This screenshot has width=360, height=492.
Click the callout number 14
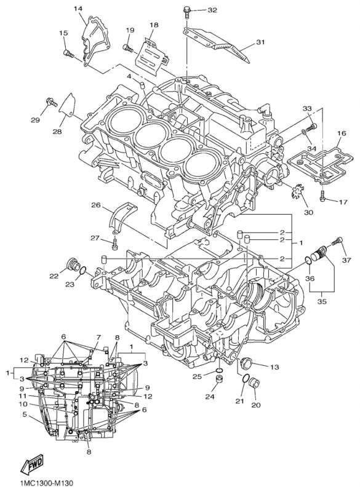coord(79,8)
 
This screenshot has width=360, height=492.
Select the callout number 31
coord(260,42)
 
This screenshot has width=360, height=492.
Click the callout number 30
coord(308,213)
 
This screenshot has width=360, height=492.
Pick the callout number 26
coord(96,205)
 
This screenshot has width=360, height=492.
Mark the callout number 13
coord(274,367)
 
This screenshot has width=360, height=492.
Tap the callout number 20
coord(256,405)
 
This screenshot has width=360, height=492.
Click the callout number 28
coord(57,132)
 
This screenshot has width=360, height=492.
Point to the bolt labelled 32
coord(186,10)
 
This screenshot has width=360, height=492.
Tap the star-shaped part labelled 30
coord(297,194)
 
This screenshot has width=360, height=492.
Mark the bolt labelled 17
coord(322,198)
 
